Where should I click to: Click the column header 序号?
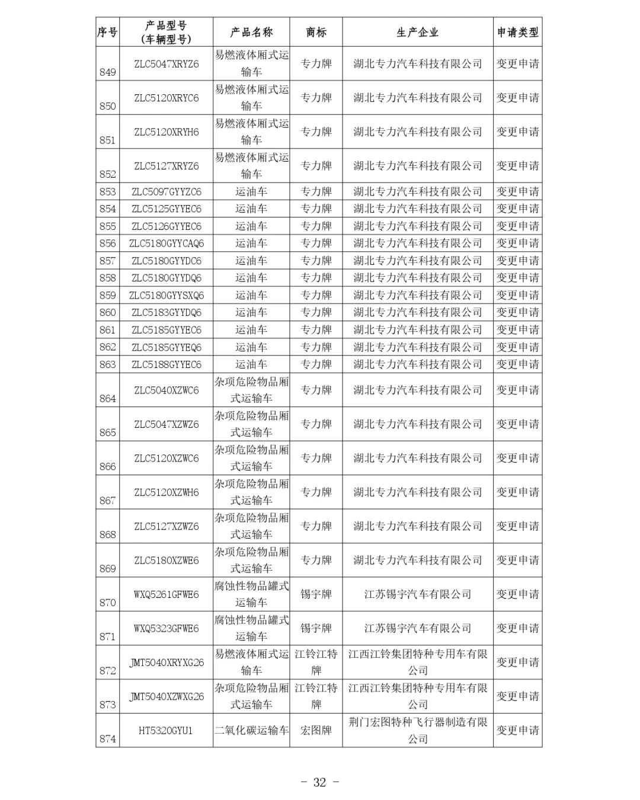(x=107, y=33)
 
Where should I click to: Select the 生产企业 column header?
(x=417, y=33)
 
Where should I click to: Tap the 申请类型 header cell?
(x=517, y=33)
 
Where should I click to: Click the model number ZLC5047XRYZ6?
(x=166, y=64)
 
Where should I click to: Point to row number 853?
(x=107, y=192)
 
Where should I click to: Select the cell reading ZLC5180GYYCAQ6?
(x=166, y=244)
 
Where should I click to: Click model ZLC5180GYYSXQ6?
(x=166, y=295)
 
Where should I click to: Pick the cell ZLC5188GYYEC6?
(x=166, y=364)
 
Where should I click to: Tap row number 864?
(x=107, y=399)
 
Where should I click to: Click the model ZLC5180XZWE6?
(x=166, y=561)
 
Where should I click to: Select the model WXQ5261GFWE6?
(x=166, y=594)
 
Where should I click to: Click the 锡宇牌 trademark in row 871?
(x=316, y=628)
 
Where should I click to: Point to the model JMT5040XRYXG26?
(x=166, y=663)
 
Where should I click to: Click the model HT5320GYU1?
(x=166, y=731)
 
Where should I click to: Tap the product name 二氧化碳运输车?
(x=251, y=731)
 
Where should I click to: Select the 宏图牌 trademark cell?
(x=316, y=731)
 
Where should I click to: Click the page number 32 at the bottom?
(x=319, y=782)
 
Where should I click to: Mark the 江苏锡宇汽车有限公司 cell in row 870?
(x=417, y=594)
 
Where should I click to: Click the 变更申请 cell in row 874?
(x=517, y=731)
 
